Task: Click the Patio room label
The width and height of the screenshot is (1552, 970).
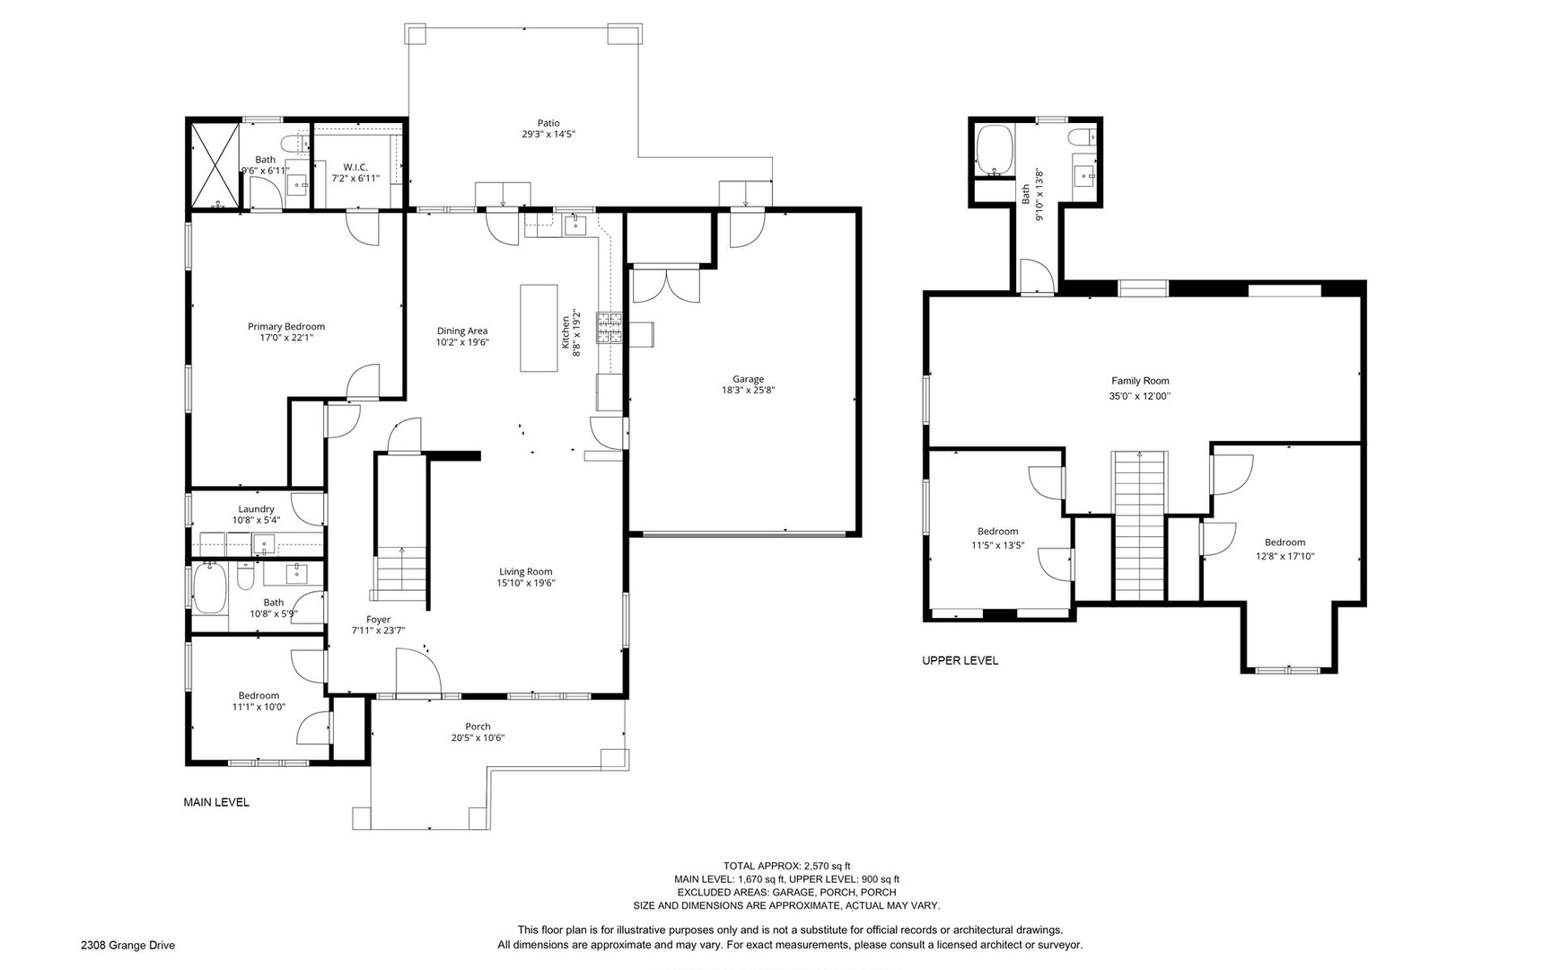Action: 548,123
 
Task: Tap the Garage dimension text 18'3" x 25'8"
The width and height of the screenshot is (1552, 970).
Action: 748,391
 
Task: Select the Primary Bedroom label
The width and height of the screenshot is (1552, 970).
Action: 286,327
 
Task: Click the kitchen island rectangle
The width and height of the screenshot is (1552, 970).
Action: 539,328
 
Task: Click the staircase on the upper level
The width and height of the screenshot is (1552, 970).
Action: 1140,525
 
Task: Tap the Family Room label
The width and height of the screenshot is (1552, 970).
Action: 1140,381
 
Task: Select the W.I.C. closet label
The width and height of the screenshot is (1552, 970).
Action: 355,167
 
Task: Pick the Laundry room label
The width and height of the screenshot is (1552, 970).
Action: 256,509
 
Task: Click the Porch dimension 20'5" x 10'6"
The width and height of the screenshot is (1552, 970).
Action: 478,738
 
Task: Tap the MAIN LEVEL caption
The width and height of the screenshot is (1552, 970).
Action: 216,802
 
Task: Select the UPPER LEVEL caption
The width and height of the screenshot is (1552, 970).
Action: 960,661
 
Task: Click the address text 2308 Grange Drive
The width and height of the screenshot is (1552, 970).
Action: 127,945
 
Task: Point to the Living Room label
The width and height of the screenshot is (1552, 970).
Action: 526,571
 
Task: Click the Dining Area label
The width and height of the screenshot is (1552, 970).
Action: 462,331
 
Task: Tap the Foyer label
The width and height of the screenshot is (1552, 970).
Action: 378,619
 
